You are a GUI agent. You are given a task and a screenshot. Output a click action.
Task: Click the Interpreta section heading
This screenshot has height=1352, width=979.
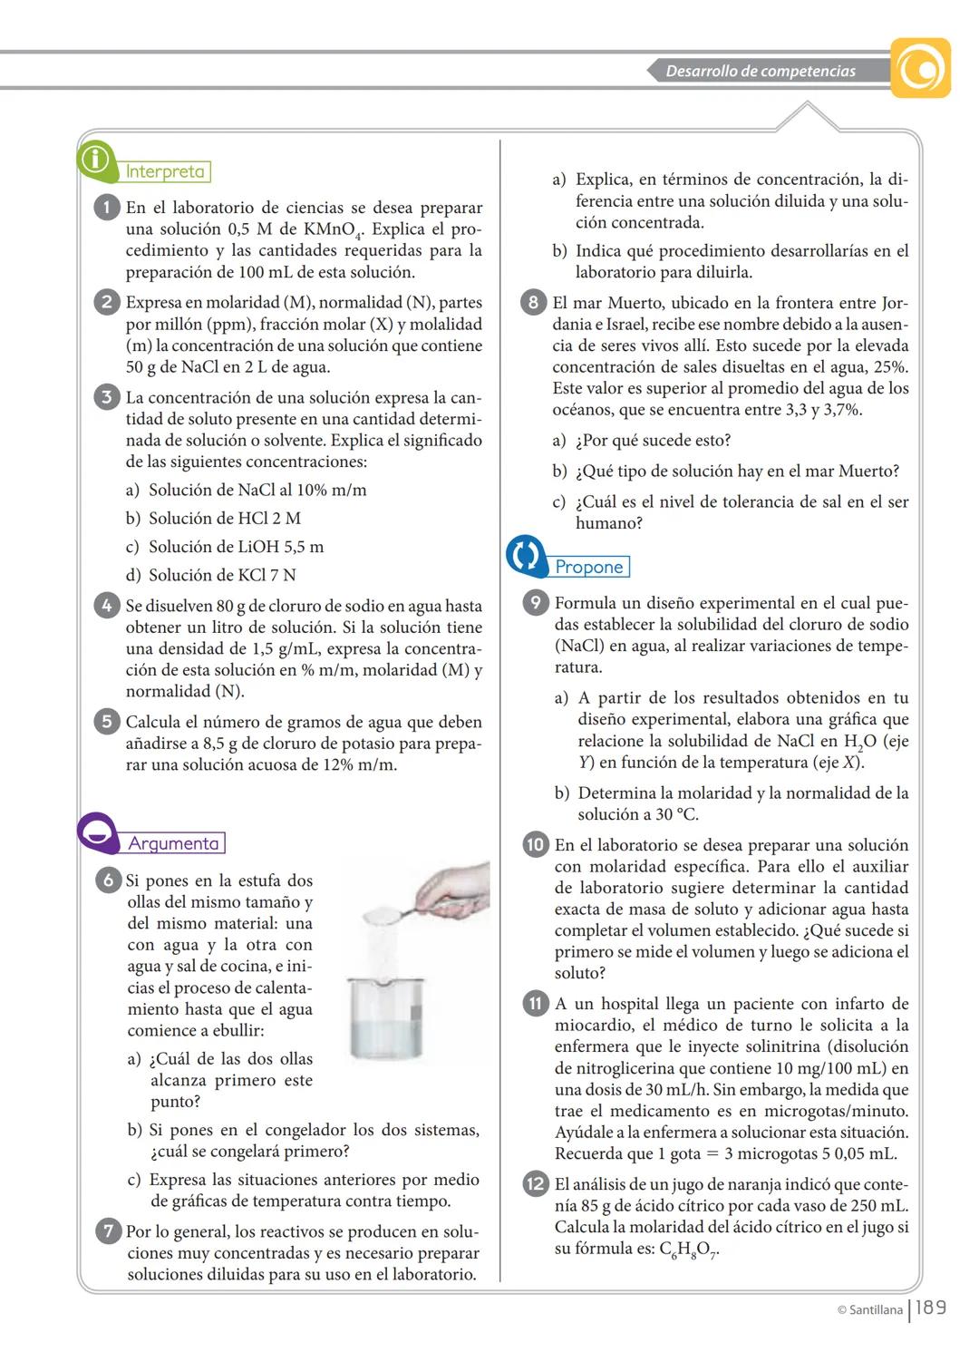tap(165, 171)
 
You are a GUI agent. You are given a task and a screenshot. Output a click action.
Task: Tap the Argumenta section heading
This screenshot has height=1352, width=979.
tap(173, 843)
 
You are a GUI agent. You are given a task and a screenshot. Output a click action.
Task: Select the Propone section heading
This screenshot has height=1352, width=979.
tap(589, 567)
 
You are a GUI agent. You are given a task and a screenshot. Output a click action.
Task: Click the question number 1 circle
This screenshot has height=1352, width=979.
tap(106, 208)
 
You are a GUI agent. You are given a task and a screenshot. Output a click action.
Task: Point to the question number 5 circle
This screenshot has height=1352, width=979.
tap(106, 722)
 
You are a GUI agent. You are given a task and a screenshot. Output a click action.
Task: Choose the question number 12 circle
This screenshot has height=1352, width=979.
tap(536, 1184)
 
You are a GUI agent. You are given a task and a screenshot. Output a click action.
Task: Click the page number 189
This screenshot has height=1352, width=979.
tap(931, 1308)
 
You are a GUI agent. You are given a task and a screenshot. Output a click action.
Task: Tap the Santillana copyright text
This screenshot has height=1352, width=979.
tap(869, 1309)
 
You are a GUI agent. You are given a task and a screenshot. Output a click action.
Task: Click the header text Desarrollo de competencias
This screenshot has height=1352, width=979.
tap(760, 71)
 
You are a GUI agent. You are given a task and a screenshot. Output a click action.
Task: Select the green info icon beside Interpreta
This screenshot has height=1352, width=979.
tap(95, 160)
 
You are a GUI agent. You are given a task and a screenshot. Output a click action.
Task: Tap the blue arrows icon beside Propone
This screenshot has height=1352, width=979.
tap(526, 555)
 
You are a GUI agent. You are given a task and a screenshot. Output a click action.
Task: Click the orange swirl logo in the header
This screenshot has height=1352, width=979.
tap(920, 68)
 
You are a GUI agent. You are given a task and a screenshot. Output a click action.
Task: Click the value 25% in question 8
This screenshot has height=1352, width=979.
tap(891, 367)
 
